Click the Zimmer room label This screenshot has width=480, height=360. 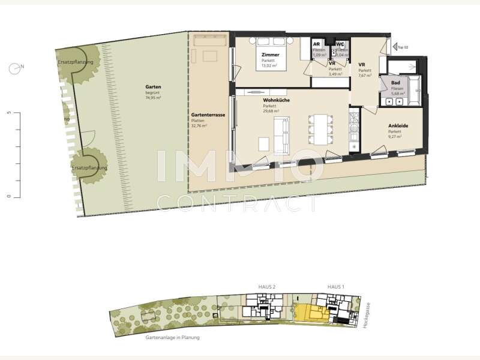(x=270, y=55)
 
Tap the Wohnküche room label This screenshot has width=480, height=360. (x=276, y=100)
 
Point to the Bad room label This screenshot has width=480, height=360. (x=395, y=83)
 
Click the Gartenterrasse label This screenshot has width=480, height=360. (x=208, y=115)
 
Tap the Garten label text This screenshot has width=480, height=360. (x=153, y=86)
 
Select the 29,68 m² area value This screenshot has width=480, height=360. (x=272, y=111)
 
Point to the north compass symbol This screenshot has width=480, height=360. (x=14, y=68)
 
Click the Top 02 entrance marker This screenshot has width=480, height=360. (x=400, y=46)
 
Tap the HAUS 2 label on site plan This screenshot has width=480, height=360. (x=266, y=287)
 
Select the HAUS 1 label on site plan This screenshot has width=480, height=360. (x=335, y=287)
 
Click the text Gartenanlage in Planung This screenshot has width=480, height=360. (x=172, y=338)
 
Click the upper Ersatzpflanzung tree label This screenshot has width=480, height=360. (x=76, y=62)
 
